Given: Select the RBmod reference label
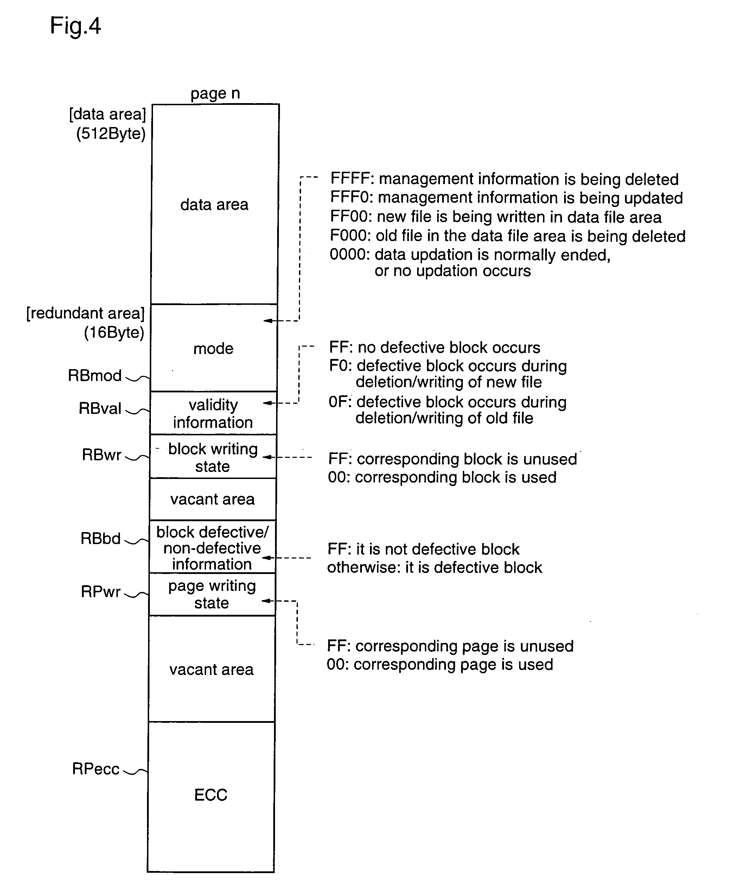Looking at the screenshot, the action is click(x=95, y=375).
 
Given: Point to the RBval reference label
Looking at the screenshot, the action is click(x=100, y=408).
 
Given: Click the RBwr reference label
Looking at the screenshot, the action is click(x=102, y=455).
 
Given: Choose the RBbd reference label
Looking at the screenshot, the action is click(x=101, y=538).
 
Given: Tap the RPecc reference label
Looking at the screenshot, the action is click(x=96, y=769).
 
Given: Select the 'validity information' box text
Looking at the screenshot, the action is click(x=213, y=414).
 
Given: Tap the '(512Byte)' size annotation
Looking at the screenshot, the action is click(x=111, y=134).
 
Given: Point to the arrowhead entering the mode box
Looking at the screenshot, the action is click(x=268, y=321).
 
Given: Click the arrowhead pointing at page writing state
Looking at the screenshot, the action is click(x=266, y=601).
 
